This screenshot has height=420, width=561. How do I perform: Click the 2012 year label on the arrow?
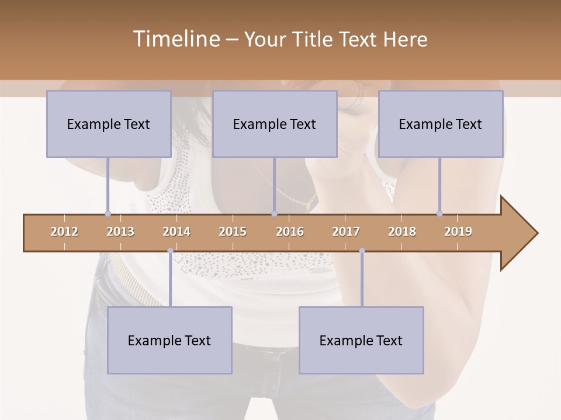[x=64, y=232]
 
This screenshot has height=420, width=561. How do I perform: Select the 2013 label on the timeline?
[x=120, y=232]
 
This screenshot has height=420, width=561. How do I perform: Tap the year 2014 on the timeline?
[x=176, y=232]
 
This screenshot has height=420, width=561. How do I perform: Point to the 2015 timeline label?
[x=233, y=232]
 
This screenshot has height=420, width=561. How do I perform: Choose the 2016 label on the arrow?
[x=290, y=232]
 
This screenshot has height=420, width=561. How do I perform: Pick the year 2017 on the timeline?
[x=346, y=232]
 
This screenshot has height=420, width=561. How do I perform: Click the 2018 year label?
[x=402, y=232]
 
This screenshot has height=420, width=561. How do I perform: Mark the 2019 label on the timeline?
[x=458, y=232]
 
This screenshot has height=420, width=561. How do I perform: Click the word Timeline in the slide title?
[x=175, y=39]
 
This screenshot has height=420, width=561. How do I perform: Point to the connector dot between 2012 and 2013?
[x=108, y=213]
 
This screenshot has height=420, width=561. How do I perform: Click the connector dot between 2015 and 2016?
[x=275, y=213]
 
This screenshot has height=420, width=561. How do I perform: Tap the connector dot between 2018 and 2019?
[x=439, y=213]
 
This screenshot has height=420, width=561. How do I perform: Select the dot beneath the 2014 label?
[x=170, y=251]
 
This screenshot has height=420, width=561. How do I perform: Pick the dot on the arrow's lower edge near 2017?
[x=362, y=251]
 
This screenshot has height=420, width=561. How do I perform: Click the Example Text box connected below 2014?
[x=169, y=340]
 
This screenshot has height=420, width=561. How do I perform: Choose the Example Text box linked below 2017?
[x=361, y=340]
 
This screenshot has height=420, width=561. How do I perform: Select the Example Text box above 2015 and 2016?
[x=275, y=124]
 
